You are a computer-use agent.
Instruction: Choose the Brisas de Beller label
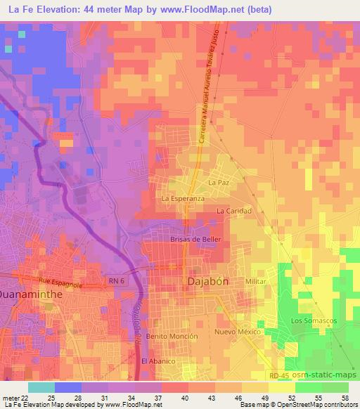(196, 240)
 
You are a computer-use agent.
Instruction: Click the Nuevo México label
(238, 332)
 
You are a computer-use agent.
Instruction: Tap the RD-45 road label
(281, 377)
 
